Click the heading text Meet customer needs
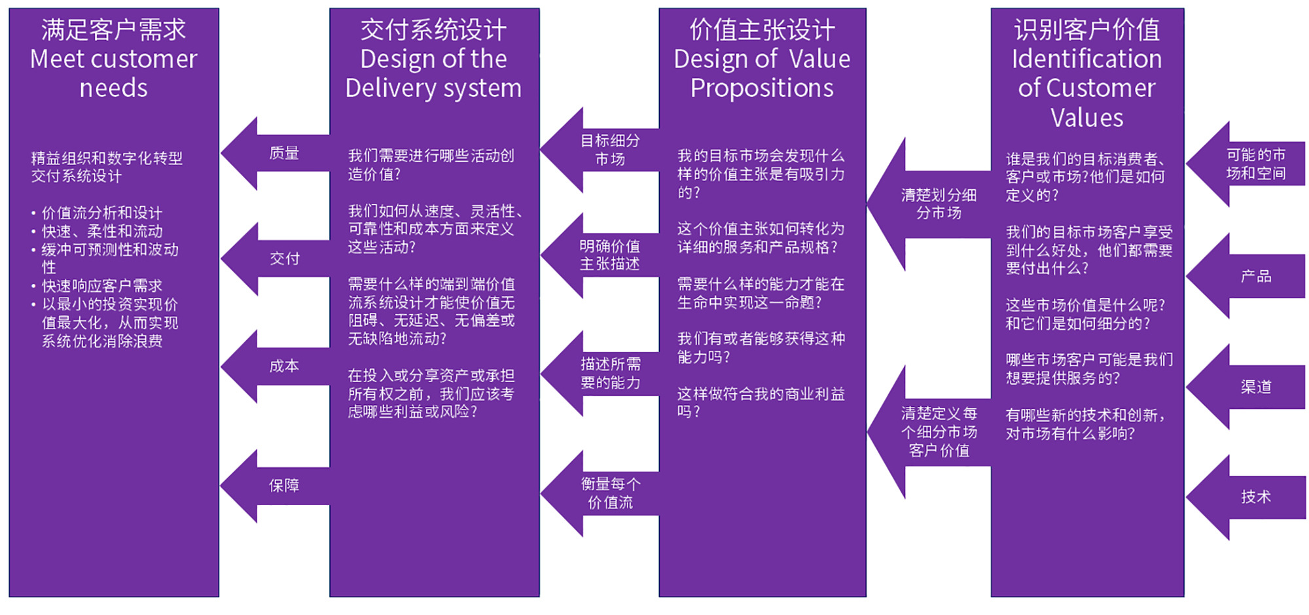click(x=114, y=73)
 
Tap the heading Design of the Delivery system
click(x=434, y=73)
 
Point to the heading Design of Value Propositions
click(x=762, y=73)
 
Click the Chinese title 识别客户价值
click(x=1086, y=30)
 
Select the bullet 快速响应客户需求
click(x=102, y=286)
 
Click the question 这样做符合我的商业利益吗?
click(x=761, y=402)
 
